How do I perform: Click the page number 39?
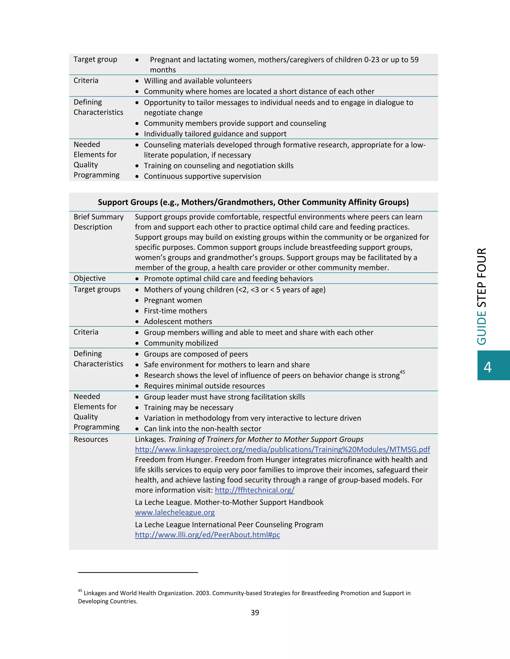255,612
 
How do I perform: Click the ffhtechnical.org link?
255,490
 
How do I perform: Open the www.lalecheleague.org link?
175,512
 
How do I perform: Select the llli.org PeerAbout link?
207,535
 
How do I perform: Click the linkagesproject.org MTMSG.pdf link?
282,450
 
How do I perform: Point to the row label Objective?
89,278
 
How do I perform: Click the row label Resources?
91,439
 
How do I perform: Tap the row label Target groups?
97,289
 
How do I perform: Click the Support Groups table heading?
253,202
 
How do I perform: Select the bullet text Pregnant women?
173,300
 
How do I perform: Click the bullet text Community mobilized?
181,343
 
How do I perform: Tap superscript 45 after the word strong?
402,372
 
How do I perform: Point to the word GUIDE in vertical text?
482,328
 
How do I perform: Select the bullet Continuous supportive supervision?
202,176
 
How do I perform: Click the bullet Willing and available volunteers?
197,81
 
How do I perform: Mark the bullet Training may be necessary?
189,408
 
